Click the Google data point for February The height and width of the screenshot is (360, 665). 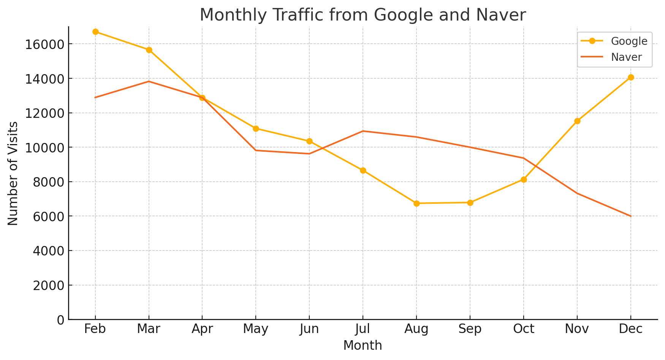[95, 32]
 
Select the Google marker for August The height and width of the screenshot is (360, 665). [416, 203]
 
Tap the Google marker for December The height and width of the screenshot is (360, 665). [631, 78]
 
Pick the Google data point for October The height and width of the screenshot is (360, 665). [524, 179]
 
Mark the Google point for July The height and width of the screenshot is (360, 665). [363, 170]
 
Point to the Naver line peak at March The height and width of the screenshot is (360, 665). [149, 81]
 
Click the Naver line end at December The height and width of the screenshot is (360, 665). [631, 216]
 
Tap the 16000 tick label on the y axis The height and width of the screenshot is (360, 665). [44, 44]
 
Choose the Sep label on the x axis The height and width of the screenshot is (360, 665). [470, 329]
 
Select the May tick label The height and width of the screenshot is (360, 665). [256, 329]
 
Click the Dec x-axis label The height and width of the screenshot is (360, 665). [631, 329]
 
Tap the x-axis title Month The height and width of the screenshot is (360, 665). [363, 346]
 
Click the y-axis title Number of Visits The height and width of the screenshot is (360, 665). [13, 173]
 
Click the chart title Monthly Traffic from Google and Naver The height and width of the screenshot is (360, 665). [363, 15]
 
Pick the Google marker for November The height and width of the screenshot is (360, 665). [577, 121]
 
